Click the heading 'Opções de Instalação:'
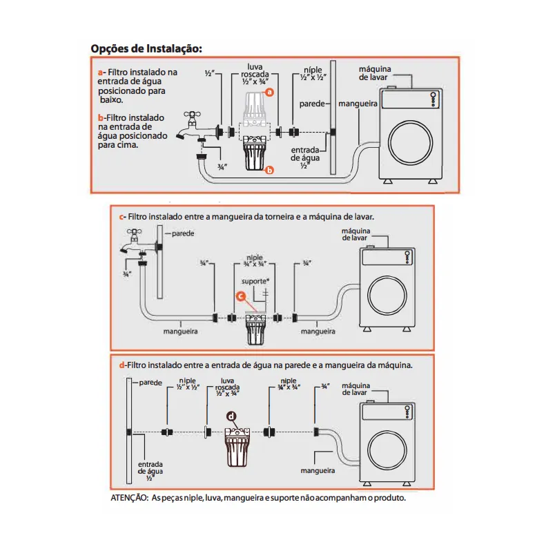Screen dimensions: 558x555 point(146,49)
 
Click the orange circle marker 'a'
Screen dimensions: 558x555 point(270,91)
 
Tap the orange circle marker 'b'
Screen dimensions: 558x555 point(270,169)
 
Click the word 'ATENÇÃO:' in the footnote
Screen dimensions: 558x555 point(129,497)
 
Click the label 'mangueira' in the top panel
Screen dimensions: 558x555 point(358,102)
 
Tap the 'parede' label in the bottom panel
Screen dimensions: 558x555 point(150,382)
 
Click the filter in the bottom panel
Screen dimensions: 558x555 point(236,446)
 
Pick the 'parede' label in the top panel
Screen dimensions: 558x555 point(312,103)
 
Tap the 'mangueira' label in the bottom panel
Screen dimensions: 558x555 point(318,470)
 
